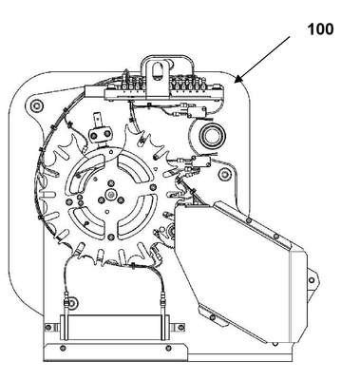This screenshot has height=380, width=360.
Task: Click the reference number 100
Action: coord(320,29)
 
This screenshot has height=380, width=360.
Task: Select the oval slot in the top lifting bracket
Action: coord(156,70)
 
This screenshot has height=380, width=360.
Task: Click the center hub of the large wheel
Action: coord(110,193)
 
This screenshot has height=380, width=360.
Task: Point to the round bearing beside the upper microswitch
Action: coord(212,135)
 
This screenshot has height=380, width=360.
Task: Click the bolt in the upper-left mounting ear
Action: coord(36,104)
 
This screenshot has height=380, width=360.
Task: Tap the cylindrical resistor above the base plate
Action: coord(116,328)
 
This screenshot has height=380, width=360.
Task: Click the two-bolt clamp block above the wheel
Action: coord(101,135)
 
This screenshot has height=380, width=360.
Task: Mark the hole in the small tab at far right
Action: coord(312,280)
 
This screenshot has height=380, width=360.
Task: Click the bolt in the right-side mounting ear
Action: coord(225,175)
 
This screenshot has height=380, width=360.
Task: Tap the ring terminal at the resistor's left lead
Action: coord(72,303)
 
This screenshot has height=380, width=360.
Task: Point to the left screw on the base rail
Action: coord(63,349)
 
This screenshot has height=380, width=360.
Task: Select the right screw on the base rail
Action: coord(169,349)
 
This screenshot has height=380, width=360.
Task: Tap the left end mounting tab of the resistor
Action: coord(52,327)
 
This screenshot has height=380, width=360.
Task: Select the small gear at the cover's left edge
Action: coord(171,232)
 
